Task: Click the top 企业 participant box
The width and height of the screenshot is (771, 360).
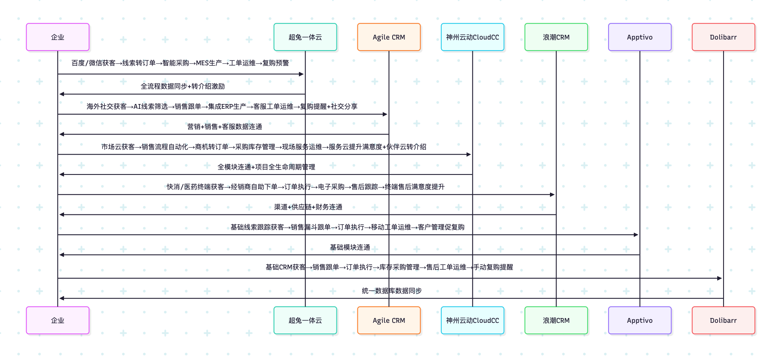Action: (58, 37)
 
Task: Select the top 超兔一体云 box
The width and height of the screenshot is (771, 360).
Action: (305, 37)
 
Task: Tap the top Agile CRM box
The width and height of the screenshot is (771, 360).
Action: (389, 37)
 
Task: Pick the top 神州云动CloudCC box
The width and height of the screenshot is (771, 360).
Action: (472, 37)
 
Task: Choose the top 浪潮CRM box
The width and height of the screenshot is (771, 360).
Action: (556, 37)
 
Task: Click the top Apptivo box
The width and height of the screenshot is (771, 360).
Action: (640, 37)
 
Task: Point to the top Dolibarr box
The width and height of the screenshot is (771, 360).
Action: (723, 37)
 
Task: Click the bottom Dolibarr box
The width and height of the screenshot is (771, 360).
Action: (723, 320)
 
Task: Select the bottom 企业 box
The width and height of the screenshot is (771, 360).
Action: (58, 320)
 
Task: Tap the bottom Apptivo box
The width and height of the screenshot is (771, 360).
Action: (640, 320)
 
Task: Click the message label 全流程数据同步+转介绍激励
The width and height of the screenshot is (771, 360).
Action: (183, 86)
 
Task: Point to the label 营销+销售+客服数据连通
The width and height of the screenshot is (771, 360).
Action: (225, 127)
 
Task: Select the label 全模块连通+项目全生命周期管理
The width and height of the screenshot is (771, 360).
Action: (266, 167)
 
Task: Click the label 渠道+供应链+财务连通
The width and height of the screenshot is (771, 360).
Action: (308, 207)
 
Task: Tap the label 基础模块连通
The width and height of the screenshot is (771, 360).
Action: (350, 247)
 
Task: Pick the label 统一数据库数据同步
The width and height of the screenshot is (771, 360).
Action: (391, 291)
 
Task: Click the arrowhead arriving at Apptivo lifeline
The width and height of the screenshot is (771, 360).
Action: (636, 235)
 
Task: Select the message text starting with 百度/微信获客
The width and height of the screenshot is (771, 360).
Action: (180, 63)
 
